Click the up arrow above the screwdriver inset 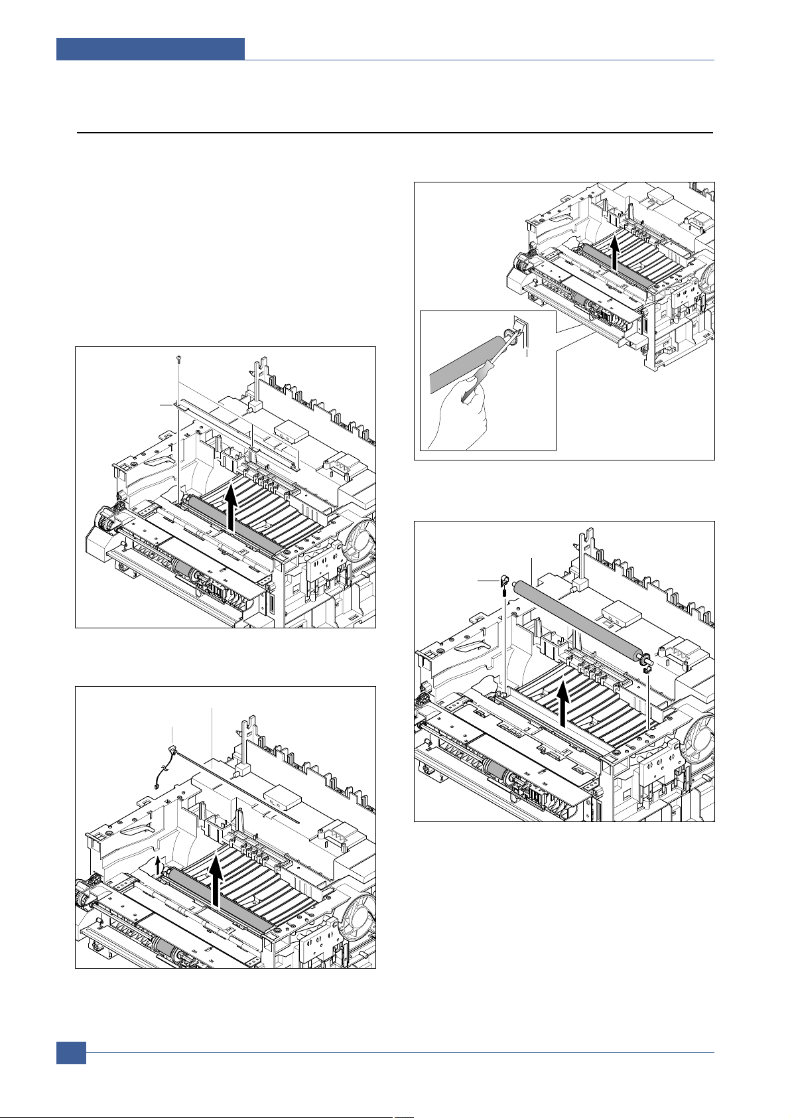point(616,253)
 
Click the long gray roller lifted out point(577,620)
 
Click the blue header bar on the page point(150,48)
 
